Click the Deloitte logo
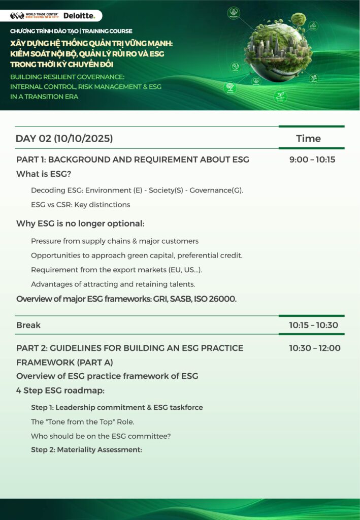(79, 16)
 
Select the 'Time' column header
(308, 138)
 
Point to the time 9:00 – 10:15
(312, 159)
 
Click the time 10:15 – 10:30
(313, 325)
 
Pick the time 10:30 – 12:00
(315, 348)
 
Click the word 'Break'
(28, 325)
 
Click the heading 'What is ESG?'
(44, 174)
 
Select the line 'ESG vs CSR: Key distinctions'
(80, 205)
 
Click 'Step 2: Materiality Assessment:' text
(86, 449)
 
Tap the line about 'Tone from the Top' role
(82, 421)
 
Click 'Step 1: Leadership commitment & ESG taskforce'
(117, 407)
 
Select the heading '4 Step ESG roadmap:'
(60, 391)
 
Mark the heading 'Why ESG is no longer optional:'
(80, 223)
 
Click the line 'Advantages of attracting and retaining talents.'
(113, 284)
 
